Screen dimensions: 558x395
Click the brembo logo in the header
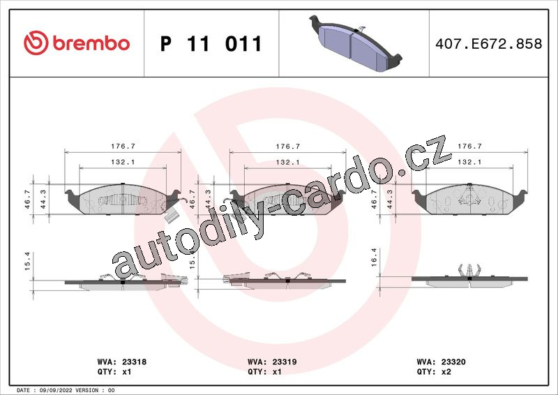(77, 43)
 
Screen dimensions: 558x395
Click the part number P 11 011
(211, 44)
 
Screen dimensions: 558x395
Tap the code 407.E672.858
(489, 44)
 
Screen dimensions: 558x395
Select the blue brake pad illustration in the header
(356, 43)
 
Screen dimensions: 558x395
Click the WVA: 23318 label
(121, 362)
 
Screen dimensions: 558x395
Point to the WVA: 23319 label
(272, 362)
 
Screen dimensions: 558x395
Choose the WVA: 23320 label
(441, 362)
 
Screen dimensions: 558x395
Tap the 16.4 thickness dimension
(374, 257)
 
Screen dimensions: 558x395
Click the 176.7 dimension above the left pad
(123, 146)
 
